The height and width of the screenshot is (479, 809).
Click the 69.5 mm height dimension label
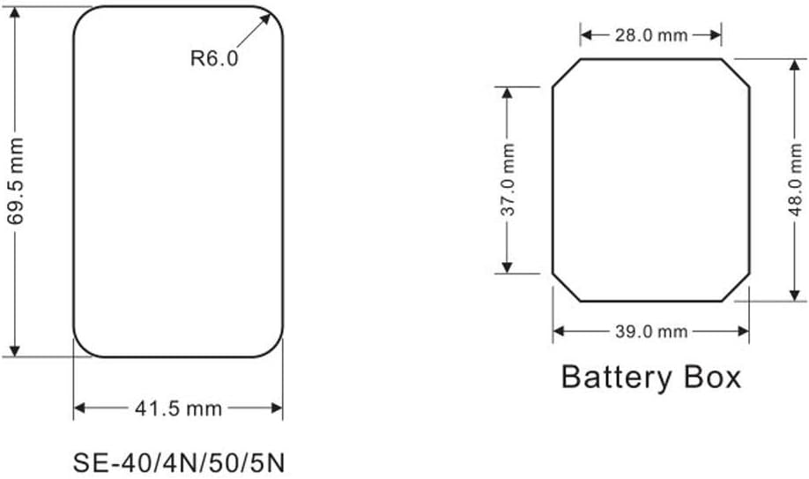(x=16, y=182)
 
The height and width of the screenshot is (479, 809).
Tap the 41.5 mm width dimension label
(x=179, y=408)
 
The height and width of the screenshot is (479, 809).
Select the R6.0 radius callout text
(x=214, y=58)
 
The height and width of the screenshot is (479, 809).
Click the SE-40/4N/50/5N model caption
(x=179, y=463)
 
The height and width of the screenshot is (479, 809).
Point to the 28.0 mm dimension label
(x=651, y=35)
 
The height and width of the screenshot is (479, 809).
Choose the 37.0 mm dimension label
(x=508, y=180)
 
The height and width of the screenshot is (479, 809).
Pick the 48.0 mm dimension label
(x=796, y=180)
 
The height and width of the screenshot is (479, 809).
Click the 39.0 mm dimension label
(x=651, y=331)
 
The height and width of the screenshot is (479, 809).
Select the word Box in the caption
(x=713, y=377)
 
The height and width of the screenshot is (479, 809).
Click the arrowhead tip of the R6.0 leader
(x=270, y=14)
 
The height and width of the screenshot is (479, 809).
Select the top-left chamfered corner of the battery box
(x=567, y=72)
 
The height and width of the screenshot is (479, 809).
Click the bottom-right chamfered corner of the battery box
(x=736, y=288)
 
